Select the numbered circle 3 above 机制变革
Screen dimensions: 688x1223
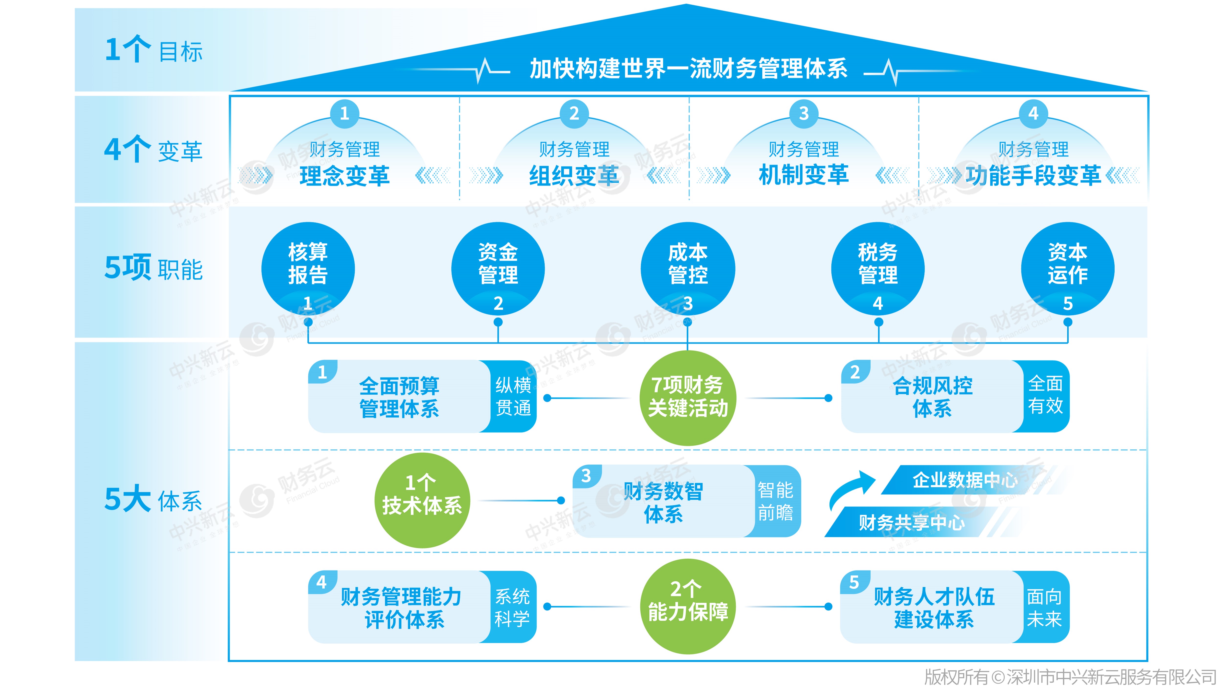click(803, 114)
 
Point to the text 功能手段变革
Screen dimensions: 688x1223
click(1033, 176)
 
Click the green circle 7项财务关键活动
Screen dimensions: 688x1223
click(688, 397)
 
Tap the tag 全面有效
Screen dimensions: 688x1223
click(1045, 395)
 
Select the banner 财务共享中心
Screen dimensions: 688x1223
click(912, 523)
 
